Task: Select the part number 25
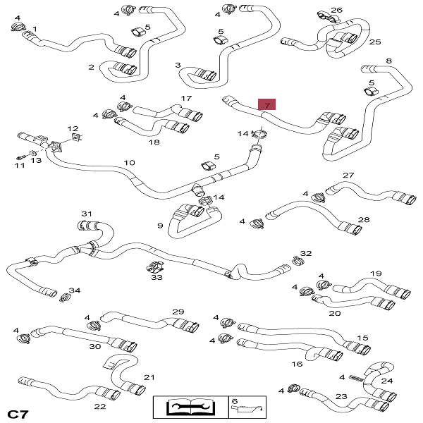[x=374, y=42]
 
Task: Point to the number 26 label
[x=336, y=10]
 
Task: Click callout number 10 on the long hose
[x=129, y=163]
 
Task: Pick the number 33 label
[x=157, y=278]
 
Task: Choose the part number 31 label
[x=87, y=214]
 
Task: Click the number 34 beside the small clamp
[x=75, y=290]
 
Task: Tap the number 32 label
[x=305, y=253]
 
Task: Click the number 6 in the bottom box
[x=235, y=401]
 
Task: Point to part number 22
[x=100, y=407]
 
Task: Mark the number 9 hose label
[x=160, y=226]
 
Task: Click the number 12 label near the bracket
[x=73, y=128]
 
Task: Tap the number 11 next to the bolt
[x=19, y=166]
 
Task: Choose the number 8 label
[x=388, y=61]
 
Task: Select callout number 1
[x=35, y=29]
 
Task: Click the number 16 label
[x=297, y=364]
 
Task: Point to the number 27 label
[x=348, y=176]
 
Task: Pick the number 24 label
[x=387, y=381]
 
